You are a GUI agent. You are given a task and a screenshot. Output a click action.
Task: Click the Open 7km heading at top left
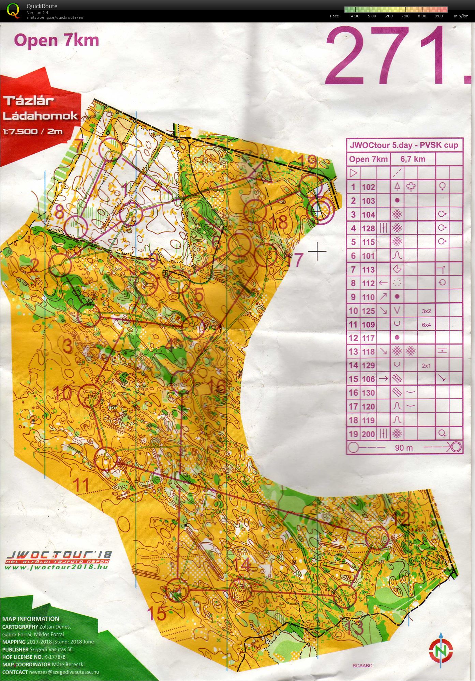pyautogui.click(x=57, y=40)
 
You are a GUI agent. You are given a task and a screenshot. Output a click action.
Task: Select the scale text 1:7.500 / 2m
pyautogui.click(x=33, y=132)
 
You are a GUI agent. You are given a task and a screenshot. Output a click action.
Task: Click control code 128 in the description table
pyautogui.click(x=368, y=228)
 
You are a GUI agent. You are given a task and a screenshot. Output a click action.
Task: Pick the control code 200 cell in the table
pyautogui.click(x=368, y=434)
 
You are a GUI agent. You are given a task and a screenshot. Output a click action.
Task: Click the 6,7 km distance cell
pyautogui.click(x=413, y=159)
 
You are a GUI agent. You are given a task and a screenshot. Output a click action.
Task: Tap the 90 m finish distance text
pyautogui.click(x=404, y=448)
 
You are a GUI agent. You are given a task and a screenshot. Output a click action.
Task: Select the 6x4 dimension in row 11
pyautogui.click(x=426, y=325)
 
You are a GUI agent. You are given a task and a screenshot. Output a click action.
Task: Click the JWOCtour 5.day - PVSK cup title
pyautogui.click(x=404, y=145)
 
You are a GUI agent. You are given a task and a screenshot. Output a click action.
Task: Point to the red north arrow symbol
pyautogui.click(x=441, y=650)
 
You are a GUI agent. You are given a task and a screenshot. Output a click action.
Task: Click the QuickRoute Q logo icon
pyautogui.click(x=13, y=10)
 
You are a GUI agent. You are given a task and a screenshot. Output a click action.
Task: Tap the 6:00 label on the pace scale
pyautogui.click(x=388, y=16)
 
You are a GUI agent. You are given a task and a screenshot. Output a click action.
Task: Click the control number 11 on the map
pyautogui.click(x=81, y=484)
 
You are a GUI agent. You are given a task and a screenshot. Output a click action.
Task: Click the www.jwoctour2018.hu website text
pyautogui.click(x=56, y=567)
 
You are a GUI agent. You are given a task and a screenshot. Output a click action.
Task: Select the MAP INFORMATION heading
pyautogui.click(x=31, y=619)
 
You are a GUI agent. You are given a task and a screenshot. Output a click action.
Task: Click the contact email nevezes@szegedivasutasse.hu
pyautogui.click(x=64, y=672)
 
